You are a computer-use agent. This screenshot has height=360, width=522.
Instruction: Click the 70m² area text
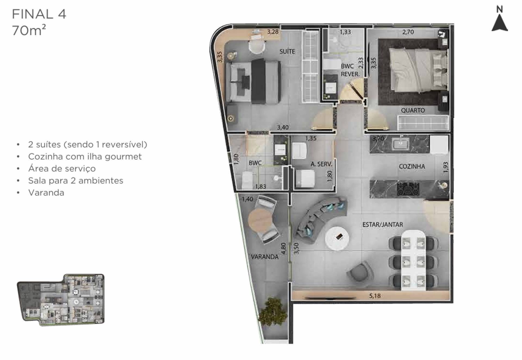(29, 30)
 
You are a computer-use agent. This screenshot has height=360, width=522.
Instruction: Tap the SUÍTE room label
(287, 51)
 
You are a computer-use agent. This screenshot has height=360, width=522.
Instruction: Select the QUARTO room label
(413, 110)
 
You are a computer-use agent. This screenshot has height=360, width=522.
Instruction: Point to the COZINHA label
(412, 166)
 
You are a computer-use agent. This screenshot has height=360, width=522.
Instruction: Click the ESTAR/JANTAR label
(383, 225)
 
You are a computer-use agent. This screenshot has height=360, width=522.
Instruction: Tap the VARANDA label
(265, 257)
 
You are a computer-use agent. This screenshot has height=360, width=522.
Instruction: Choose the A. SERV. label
(321, 164)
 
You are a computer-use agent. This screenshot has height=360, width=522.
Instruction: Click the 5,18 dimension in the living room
(375, 296)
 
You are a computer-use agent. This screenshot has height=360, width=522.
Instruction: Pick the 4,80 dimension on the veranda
(284, 248)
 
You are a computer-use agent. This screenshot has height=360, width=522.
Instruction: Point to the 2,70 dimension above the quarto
(408, 32)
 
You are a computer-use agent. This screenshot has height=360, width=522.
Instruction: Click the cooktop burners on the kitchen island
(408, 189)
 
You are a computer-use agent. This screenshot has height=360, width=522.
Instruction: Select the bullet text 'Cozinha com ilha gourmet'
(85, 156)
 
